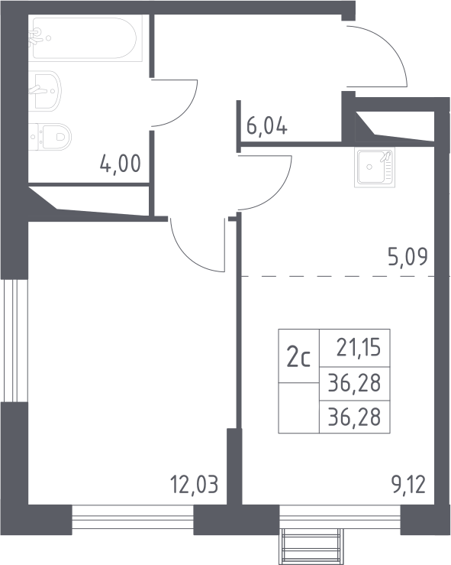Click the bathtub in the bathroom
(x=85, y=38)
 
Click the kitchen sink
(x=375, y=167)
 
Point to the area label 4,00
(x=120, y=164)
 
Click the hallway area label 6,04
(x=267, y=125)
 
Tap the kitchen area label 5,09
(x=408, y=258)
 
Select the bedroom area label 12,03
(x=194, y=484)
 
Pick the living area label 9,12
(x=408, y=484)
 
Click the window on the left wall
(x=14, y=340)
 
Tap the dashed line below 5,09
(x=337, y=276)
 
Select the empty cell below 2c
(x=298, y=408)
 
